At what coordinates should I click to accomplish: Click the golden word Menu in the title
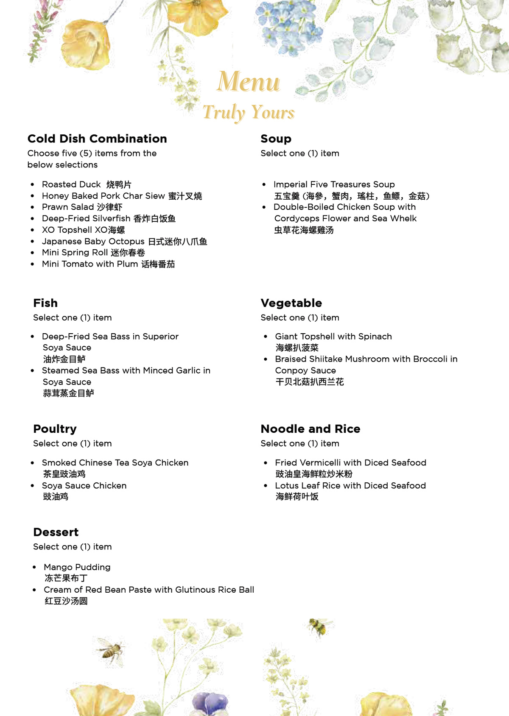pyautogui.click(x=249, y=82)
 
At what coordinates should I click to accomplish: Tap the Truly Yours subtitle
pyautogui.click(x=249, y=112)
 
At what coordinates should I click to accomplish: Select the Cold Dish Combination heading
pyautogui.click(x=97, y=139)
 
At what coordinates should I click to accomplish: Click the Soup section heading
pyautogui.click(x=276, y=139)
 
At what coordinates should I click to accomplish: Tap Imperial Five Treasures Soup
pyautogui.click(x=334, y=184)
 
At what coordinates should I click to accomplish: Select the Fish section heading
pyautogui.click(x=45, y=303)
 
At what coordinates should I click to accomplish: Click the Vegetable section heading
pyautogui.click(x=291, y=303)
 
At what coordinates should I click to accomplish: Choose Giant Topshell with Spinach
pyautogui.click(x=333, y=337)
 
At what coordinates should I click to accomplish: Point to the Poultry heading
pyautogui.click(x=55, y=429)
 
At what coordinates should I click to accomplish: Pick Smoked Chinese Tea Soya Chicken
pyautogui.click(x=115, y=462)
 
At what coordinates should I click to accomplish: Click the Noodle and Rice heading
pyautogui.click(x=310, y=429)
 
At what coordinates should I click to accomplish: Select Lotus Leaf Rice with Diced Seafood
pyautogui.click(x=350, y=485)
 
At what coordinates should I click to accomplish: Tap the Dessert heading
pyautogui.click(x=56, y=532)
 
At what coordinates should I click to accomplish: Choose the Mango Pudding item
pyautogui.click(x=77, y=567)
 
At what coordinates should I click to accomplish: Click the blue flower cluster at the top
pyautogui.click(x=288, y=28)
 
